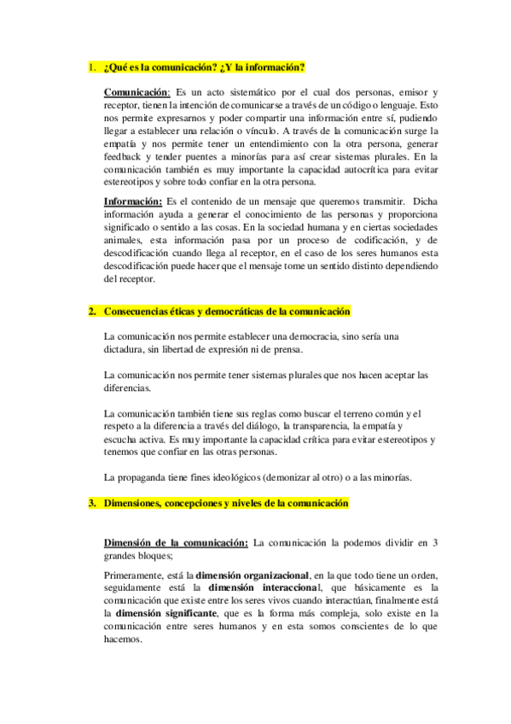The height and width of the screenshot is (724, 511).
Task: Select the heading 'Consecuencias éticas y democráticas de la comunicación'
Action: [226, 312]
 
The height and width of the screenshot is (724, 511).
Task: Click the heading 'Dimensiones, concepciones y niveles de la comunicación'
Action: [226, 504]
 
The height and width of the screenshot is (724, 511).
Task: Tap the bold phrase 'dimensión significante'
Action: [165, 612]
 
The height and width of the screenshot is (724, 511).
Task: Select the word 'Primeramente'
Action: [136, 575]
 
